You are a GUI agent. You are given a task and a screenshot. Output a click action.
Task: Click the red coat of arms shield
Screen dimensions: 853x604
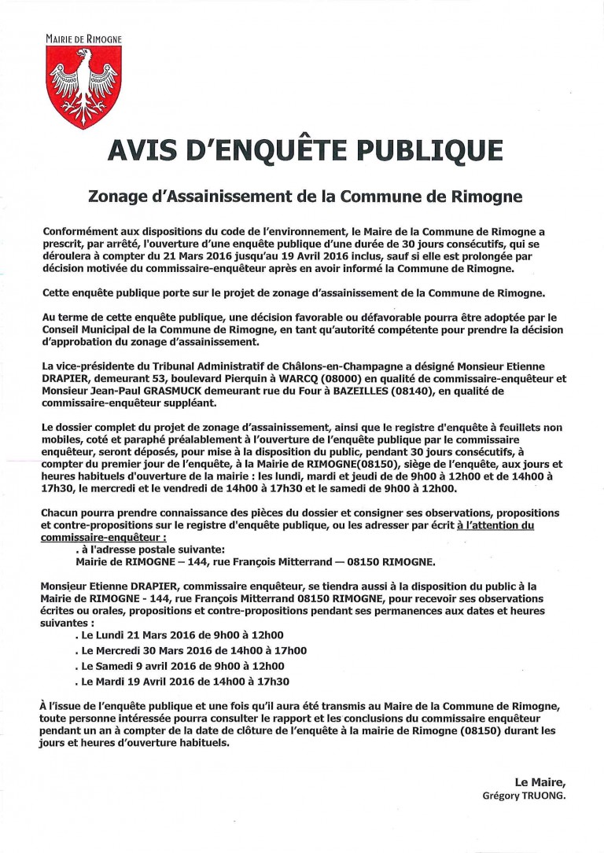click(x=83, y=82)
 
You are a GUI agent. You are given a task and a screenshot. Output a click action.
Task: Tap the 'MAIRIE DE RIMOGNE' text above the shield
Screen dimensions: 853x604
click(x=83, y=38)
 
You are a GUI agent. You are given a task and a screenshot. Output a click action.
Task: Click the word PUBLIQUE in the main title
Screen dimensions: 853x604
click(x=419, y=150)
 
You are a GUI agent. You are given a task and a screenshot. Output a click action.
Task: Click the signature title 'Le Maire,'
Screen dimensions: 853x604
click(x=540, y=782)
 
